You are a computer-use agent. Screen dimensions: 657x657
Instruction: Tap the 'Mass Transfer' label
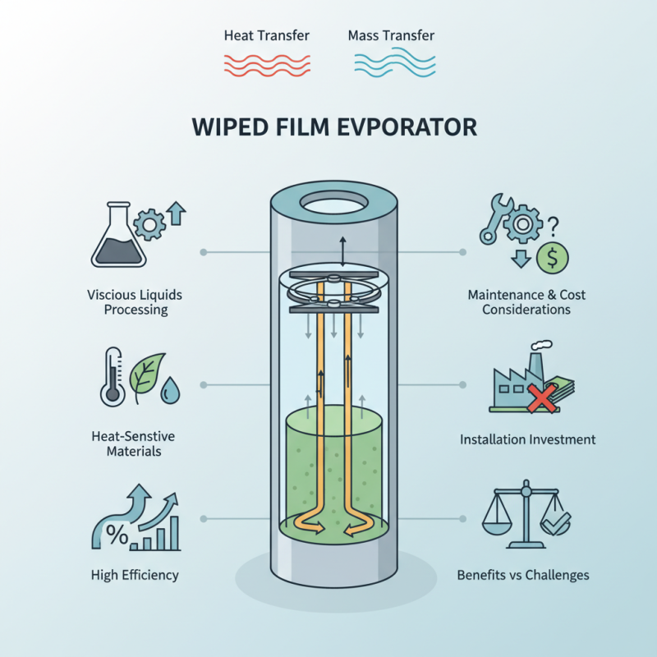tap(391, 36)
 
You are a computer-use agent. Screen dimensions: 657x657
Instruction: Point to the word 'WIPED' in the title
tap(223, 128)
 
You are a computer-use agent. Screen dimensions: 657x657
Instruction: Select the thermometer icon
tap(112, 378)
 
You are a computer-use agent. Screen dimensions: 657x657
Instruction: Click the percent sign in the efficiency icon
tap(116, 537)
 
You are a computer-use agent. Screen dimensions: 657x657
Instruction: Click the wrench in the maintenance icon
tap(494, 219)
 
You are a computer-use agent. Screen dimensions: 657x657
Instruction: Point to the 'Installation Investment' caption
tap(527, 439)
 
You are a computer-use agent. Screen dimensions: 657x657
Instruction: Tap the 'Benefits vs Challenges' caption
tap(523, 575)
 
